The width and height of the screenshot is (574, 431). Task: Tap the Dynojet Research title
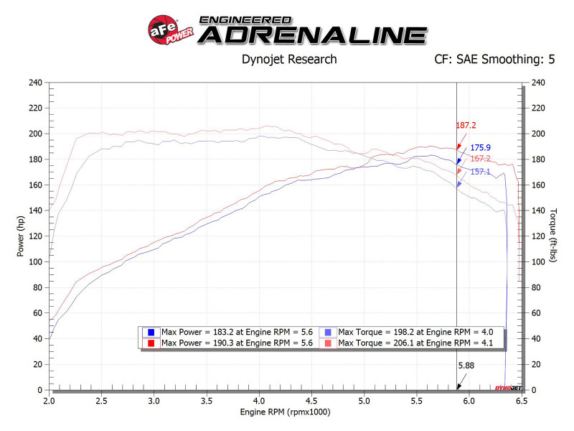(x=289, y=60)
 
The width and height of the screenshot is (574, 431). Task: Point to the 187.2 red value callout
(x=466, y=125)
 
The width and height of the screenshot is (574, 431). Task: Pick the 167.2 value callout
(x=480, y=159)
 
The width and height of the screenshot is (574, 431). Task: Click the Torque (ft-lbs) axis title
(x=553, y=236)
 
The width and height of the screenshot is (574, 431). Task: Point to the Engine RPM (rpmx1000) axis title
(x=285, y=412)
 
